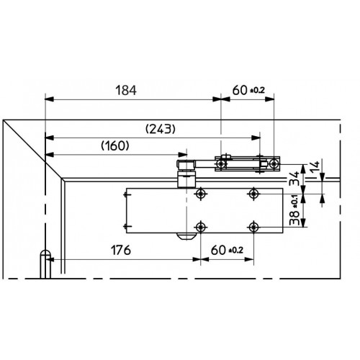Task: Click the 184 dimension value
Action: coord(126,91)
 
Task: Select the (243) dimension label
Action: coord(161,129)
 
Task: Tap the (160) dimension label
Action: coord(115,146)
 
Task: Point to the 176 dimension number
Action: coord(121,250)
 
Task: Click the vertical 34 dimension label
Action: coord(294,178)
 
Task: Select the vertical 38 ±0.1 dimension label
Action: coord(294,210)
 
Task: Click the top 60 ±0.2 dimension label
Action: coord(248,91)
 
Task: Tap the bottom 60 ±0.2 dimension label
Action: coord(227,250)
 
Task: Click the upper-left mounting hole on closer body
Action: coord(201,194)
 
